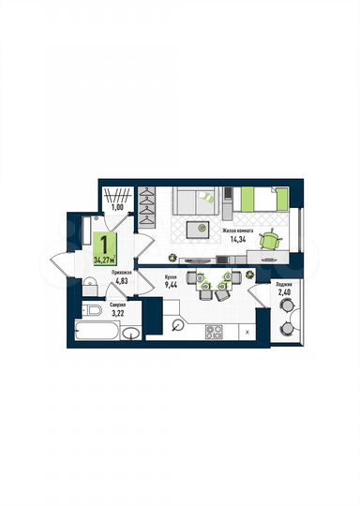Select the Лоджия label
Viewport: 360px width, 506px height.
point(285,284)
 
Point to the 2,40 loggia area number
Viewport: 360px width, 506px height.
point(284,293)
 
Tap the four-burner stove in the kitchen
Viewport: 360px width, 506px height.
point(214,330)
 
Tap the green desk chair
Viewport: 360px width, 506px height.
point(270,240)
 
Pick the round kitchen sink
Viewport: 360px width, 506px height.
point(178,324)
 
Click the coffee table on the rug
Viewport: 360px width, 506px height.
point(199,227)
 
